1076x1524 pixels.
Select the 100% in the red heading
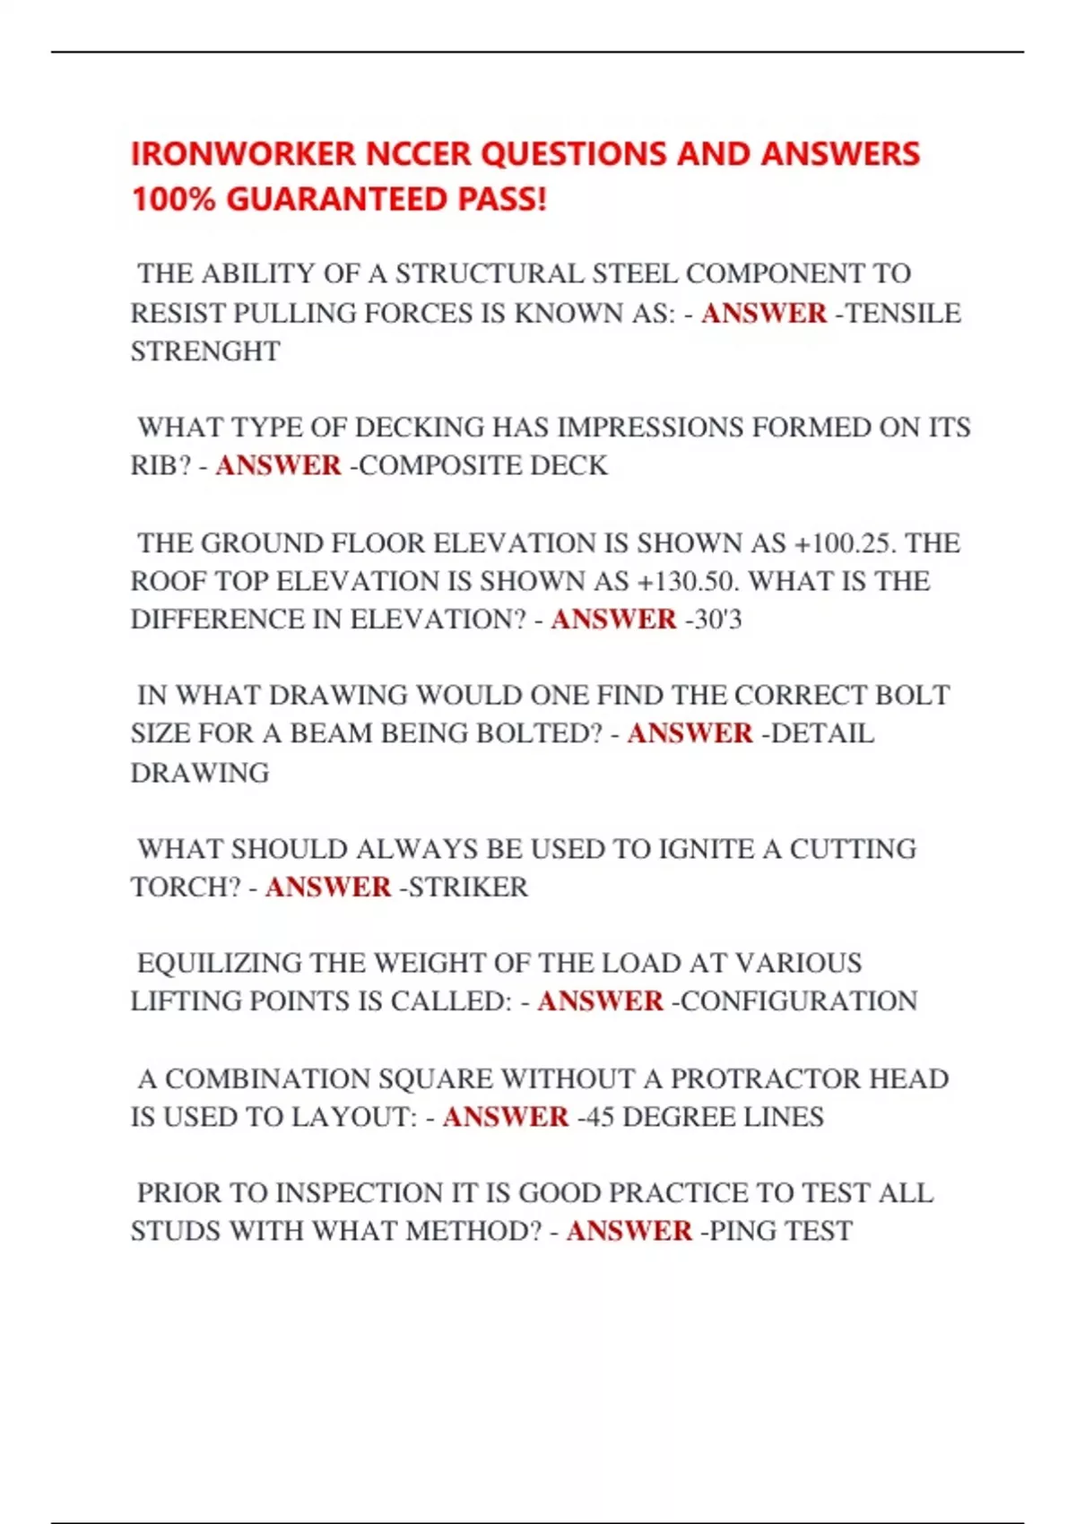(174, 199)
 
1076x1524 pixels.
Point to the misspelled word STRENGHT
(205, 351)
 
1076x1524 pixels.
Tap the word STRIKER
(468, 888)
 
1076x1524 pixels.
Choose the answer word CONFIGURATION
(799, 1001)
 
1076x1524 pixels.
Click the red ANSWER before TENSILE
(764, 313)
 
